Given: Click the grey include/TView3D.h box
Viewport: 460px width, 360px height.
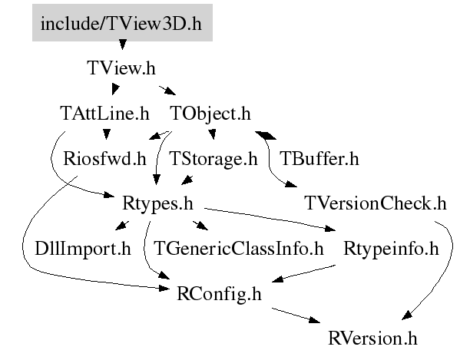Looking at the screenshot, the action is click(x=122, y=22).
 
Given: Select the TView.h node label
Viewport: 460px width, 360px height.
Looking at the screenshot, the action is click(x=121, y=68).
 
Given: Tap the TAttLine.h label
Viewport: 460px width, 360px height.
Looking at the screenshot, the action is click(x=104, y=113).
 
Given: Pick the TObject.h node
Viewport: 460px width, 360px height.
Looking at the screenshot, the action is click(x=210, y=113).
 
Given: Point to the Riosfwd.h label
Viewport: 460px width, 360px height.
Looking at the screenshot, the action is click(x=104, y=159).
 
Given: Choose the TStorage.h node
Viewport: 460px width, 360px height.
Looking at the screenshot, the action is click(x=213, y=159).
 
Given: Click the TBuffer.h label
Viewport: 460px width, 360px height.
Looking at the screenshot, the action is click(x=319, y=159).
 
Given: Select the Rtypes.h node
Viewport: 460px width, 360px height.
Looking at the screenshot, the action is click(x=157, y=203).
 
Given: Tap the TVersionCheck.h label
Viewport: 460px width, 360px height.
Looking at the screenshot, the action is click(x=376, y=203).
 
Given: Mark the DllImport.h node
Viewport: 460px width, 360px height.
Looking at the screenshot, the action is click(x=83, y=249).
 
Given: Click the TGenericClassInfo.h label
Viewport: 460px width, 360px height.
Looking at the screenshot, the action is click(x=239, y=249).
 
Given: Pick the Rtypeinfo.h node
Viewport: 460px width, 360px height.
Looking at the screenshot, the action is click(x=391, y=249).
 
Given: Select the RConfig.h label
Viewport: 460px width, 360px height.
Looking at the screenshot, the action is click(x=219, y=293).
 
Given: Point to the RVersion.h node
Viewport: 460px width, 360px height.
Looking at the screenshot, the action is click(x=372, y=338).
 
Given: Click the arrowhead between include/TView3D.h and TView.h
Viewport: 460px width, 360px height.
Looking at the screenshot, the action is click(x=123, y=45).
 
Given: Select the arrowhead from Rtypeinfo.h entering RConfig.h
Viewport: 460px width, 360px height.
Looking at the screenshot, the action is click(x=277, y=279).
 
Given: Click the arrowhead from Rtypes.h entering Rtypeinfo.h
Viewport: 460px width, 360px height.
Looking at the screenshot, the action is click(x=330, y=228).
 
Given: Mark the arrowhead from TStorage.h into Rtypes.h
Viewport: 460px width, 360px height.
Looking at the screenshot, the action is click(x=187, y=180).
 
